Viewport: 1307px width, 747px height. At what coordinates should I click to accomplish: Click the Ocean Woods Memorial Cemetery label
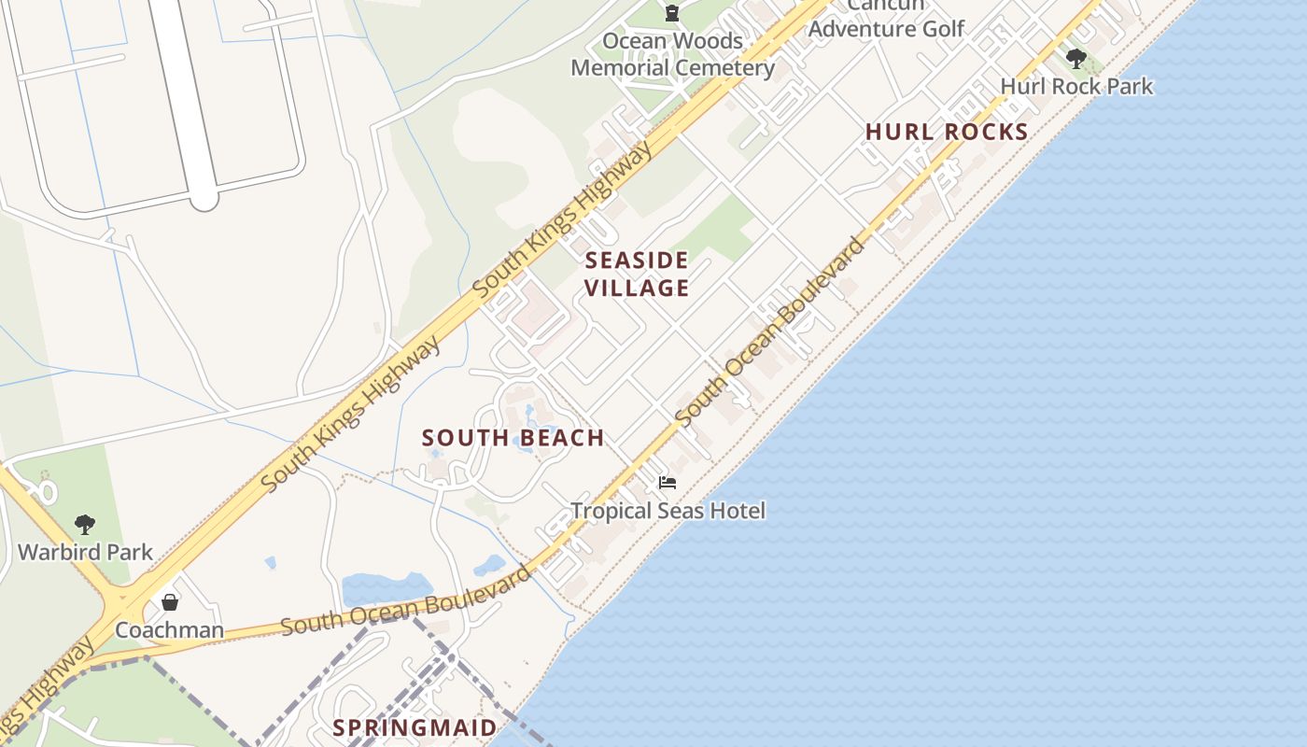tap(672, 54)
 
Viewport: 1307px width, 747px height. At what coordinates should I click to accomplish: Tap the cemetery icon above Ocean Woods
tap(671, 13)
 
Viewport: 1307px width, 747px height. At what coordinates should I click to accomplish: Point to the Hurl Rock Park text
tap(1076, 87)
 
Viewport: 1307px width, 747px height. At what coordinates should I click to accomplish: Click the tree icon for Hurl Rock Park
tap(1075, 60)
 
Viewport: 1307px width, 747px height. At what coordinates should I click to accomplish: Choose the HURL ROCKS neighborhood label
tap(947, 132)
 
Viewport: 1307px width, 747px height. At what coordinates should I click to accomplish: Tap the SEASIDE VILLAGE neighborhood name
tap(638, 274)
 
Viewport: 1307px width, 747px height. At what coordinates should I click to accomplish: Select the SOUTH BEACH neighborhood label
tap(513, 438)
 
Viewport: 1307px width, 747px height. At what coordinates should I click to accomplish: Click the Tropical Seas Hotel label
tap(668, 511)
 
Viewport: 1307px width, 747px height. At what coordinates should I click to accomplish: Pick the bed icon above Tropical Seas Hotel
tap(667, 483)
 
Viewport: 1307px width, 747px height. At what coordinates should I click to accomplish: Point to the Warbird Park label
tap(85, 552)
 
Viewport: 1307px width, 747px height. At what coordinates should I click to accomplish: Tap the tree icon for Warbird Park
tap(85, 525)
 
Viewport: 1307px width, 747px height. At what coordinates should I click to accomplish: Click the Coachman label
tap(169, 630)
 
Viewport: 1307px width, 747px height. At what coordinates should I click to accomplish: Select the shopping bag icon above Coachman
tap(169, 602)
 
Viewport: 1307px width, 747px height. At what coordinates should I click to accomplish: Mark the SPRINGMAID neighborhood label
tap(415, 727)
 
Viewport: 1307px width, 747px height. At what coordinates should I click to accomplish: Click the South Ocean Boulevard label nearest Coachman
tap(406, 600)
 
